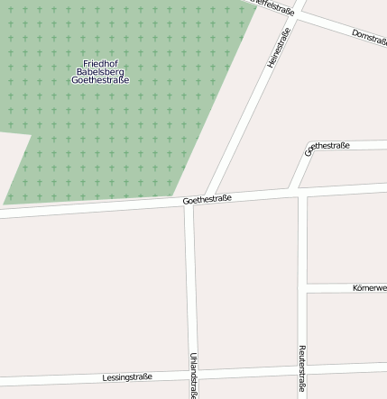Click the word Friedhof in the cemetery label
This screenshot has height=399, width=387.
[x=100, y=63]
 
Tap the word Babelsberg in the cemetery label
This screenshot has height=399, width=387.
[x=100, y=71]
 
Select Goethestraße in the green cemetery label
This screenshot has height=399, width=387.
[x=100, y=80]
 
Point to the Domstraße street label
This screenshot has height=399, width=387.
[x=369, y=36]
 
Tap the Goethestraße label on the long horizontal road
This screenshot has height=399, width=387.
[x=207, y=199]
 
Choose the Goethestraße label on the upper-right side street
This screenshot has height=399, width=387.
[x=328, y=147]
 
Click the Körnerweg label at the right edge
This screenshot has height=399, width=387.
[x=369, y=288]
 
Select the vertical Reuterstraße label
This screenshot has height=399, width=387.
[x=302, y=370]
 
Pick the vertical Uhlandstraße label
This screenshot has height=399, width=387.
[x=193, y=375]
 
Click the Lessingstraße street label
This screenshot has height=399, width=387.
[x=127, y=376]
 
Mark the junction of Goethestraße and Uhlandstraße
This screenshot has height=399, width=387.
[x=189, y=201]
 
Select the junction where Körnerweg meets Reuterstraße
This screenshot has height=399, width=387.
[x=302, y=288]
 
